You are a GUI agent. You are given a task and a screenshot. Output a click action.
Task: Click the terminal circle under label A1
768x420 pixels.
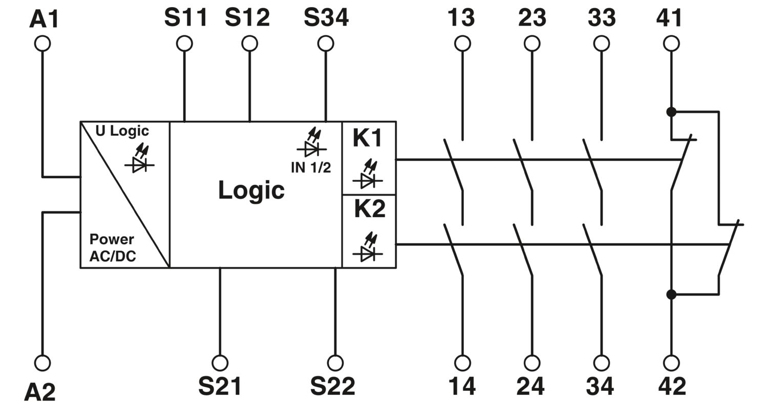[42, 44]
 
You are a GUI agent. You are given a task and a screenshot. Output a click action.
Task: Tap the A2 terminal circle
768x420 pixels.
[42, 363]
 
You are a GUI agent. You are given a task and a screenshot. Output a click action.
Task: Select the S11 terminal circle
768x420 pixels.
[184, 44]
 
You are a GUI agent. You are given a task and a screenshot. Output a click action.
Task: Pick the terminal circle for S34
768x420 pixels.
[326, 44]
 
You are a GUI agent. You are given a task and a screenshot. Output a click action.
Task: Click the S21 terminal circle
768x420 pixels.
[220, 363]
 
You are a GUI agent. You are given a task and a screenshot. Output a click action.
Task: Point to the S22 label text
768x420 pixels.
[333, 386]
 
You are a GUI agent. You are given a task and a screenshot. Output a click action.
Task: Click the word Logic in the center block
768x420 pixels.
[251, 191]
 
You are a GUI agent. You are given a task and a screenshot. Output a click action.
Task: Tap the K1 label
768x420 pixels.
[367, 138]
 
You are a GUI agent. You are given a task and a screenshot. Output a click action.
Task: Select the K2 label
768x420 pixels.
[370, 208]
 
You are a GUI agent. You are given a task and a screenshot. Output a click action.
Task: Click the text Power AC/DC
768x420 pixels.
[113, 247]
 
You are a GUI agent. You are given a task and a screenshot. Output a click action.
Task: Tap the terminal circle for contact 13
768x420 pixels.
[462, 44]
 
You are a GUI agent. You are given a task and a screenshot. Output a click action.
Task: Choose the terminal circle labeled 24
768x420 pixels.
[532, 363]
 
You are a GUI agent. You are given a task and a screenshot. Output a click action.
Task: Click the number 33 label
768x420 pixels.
[602, 17]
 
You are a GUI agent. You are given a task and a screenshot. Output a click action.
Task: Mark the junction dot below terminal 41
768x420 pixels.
[671, 112]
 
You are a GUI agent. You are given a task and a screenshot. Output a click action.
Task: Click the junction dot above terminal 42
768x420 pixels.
[671, 294]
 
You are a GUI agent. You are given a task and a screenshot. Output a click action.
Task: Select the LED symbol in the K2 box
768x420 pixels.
[368, 247]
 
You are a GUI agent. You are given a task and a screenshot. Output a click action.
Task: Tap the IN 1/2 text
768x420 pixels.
[311, 167]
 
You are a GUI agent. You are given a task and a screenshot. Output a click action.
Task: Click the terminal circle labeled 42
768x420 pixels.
[671, 363]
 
